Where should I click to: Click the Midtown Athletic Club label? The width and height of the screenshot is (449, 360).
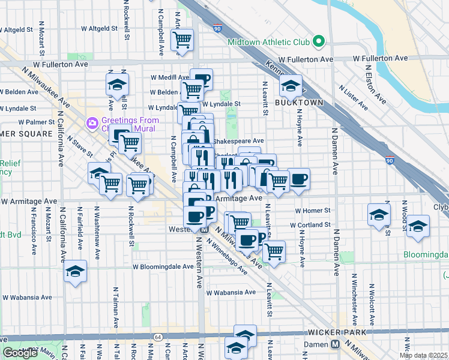point(268,42)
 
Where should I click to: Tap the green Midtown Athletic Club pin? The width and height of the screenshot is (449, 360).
point(319,42)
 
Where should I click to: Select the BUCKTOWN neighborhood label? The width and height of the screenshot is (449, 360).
point(299,103)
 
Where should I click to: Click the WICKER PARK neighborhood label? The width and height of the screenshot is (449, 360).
point(333,332)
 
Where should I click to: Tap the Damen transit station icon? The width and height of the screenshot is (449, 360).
point(336,344)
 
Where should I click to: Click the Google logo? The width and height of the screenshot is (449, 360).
point(20,353)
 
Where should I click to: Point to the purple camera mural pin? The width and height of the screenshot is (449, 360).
point(92,123)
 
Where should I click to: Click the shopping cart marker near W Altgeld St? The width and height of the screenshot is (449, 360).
point(182,40)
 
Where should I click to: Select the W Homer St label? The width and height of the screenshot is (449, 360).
point(313,211)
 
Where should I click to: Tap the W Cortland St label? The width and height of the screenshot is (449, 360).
point(310,225)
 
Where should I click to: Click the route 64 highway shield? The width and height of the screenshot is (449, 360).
point(157,337)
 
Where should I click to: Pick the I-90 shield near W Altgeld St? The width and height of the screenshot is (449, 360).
point(217,28)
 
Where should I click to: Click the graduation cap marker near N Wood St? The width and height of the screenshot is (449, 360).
point(417,227)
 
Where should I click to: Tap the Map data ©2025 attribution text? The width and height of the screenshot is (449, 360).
point(424,355)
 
